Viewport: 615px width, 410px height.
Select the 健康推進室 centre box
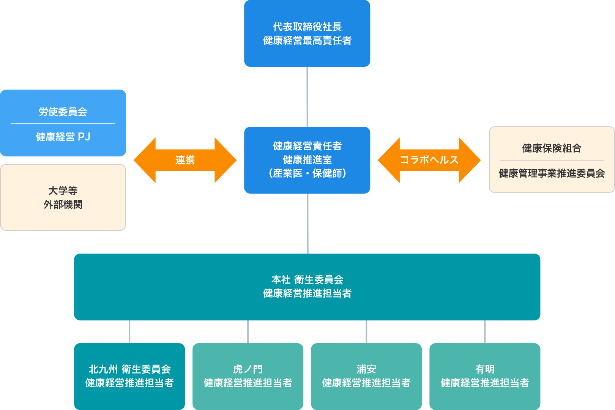click(x=307, y=160)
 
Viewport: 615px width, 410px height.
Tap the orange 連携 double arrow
click(x=185, y=160)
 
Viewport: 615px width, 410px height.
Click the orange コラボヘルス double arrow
click(x=429, y=160)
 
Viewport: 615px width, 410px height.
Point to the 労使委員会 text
click(x=63, y=112)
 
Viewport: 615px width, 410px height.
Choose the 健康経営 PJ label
click(x=63, y=137)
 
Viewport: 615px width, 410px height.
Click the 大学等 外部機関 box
click(x=63, y=197)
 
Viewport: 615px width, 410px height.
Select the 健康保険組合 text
click(x=552, y=148)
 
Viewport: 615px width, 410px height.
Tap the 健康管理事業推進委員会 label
click(x=552, y=173)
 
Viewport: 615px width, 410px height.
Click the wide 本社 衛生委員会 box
click(x=307, y=287)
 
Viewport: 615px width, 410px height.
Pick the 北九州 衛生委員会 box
click(x=129, y=376)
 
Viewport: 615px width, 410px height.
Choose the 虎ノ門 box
click(x=248, y=376)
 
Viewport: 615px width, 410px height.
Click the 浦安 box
click(x=366, y=376)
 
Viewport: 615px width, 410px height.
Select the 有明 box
click(x=485, y=376)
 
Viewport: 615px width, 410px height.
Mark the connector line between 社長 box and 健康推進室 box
click(x=307, y=97)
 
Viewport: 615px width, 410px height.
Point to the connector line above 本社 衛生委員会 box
click(x=307, y=224)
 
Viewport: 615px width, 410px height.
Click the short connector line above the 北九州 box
click(x=129, y=332)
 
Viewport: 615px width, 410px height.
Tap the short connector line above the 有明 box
click(x=485, y=332)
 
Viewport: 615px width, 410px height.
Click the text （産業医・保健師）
click(x=307, y=173)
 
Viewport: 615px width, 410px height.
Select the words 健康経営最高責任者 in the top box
click(x=307, y=41)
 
